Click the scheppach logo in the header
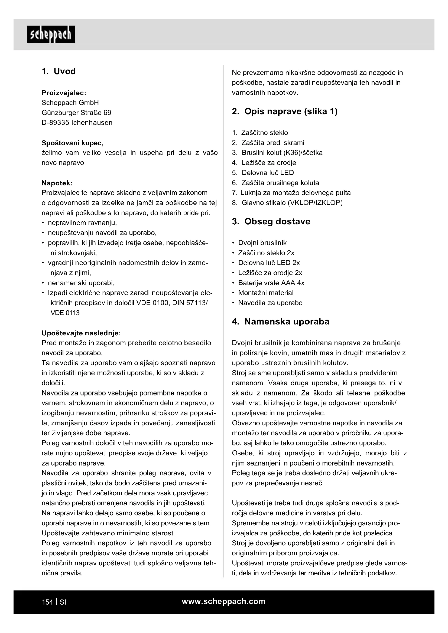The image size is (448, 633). [51, 35]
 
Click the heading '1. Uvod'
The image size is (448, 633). [59, 71]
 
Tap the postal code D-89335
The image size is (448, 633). [55, 123]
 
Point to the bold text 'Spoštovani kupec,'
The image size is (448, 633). [72, 143]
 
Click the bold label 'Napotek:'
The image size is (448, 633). [57, 183]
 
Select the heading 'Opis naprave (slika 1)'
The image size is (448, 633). [291, 112]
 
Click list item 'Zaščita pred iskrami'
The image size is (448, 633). [273, 143]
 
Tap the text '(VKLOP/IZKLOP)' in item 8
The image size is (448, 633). [315, 203]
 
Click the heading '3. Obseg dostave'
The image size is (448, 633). [271, 222]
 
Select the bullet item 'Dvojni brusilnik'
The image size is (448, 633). [262, 243]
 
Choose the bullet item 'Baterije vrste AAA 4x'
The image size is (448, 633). [271, 283]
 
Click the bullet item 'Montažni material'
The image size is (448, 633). [266, 293]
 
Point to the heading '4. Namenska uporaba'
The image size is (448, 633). [281, 322]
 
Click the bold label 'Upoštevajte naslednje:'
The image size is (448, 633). [81, 333]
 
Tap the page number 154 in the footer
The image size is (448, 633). [47, 602]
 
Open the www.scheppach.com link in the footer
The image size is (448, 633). [224, 602]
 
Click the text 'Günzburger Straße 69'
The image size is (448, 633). [76, 113]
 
